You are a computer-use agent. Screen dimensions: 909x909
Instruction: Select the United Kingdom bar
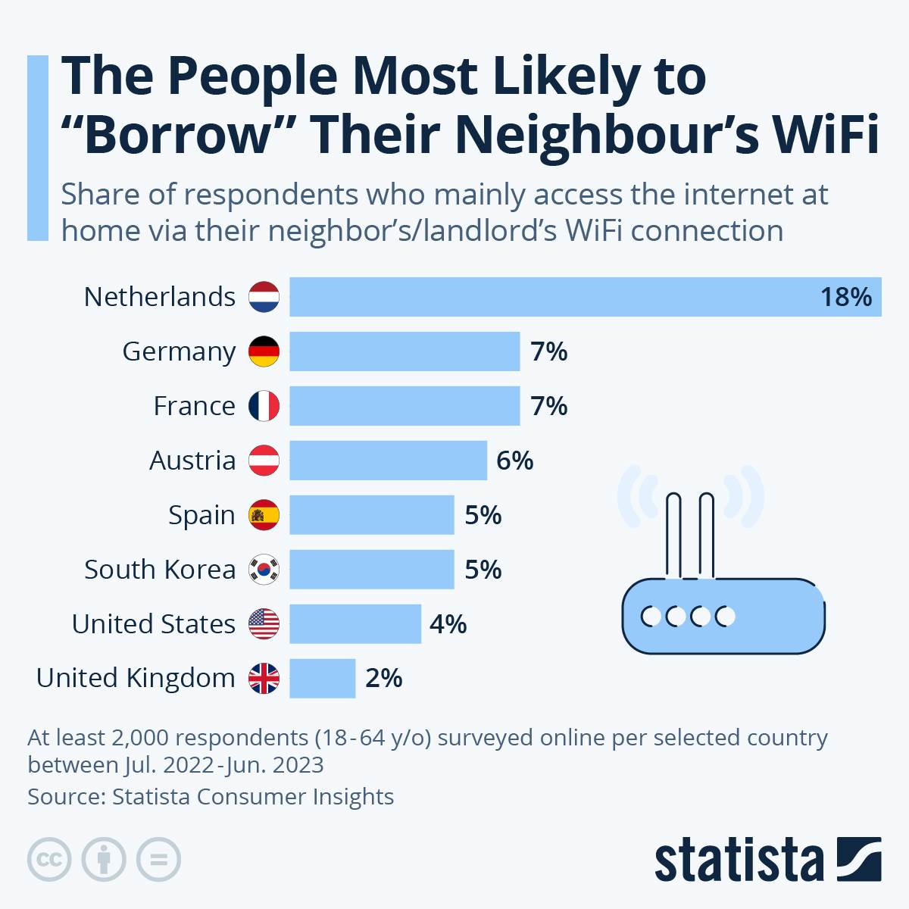(322, 678)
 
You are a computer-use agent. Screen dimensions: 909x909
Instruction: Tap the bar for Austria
(388, 461)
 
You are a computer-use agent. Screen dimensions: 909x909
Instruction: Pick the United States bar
(355, 623)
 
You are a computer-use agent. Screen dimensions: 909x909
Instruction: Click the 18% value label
(846, 297)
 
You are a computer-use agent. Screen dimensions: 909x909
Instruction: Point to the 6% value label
(514, 461)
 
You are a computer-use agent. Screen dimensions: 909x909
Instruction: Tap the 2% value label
(383, 678)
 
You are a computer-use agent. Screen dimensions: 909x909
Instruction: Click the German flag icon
(264, 351)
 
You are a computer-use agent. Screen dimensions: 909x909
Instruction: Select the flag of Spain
(264, 515)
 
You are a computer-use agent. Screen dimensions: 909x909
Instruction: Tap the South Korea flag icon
(264, 570)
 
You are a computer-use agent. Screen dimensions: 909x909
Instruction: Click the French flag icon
(264, 406)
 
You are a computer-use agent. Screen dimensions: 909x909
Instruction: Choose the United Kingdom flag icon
(264, 678)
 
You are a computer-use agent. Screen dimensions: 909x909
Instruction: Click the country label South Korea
(160, 570)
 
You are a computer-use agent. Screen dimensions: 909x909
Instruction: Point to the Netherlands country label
(160, 297)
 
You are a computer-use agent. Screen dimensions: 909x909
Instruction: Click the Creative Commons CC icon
(49, 860)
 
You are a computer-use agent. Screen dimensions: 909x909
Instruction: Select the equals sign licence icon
(158, 860)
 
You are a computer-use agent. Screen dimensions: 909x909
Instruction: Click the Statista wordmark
(739, 860)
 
